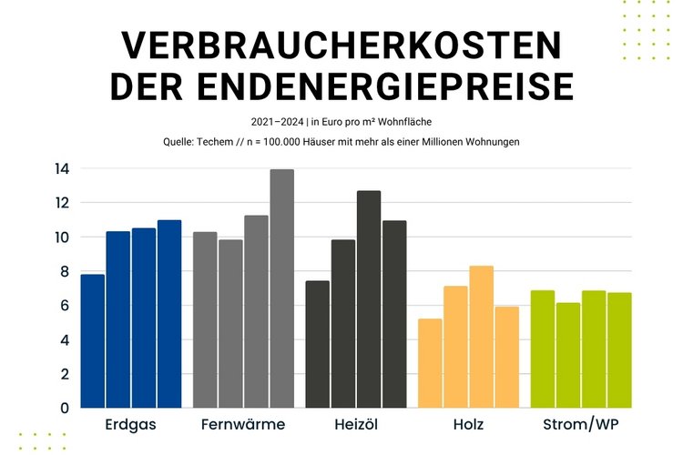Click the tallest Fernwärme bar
[x=281, y=288]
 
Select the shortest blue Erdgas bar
[x=93, y=340]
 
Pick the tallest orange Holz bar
[x=482, y=337]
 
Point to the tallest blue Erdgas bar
[x=169, y=314]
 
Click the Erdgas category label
[x=131, y=425]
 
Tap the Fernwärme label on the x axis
[x=243, y=425]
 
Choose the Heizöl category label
[x=356, y=425]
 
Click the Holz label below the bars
[x=468, y=425]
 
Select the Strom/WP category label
[x=581, y=425]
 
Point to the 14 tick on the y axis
[x=61, y=168]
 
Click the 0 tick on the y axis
[x=65, y=408]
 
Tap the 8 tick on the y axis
[x=65, y=271]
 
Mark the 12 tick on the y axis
[x=61, y=202]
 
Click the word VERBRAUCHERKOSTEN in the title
[x=341, y=45]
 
